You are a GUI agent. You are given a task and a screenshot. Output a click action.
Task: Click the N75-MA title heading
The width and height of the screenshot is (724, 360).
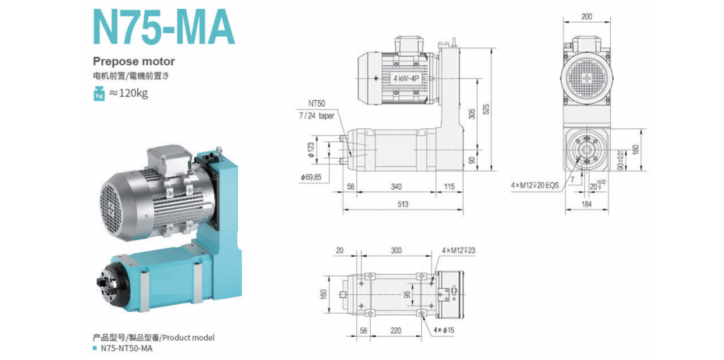(163, 27)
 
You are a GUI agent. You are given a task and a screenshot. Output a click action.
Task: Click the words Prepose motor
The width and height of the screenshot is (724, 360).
(134, 61)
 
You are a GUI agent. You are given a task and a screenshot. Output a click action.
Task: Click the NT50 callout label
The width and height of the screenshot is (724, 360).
(317, 105)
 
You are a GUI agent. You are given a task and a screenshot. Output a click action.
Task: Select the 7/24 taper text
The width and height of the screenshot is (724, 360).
(317, 116)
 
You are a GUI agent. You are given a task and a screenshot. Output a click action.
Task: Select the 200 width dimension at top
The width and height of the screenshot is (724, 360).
(587, 17)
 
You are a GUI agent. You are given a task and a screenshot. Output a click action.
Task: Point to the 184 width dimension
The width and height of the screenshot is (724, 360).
(587, 204)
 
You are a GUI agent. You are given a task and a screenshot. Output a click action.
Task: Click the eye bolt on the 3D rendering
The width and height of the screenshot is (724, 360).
(221, 152)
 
